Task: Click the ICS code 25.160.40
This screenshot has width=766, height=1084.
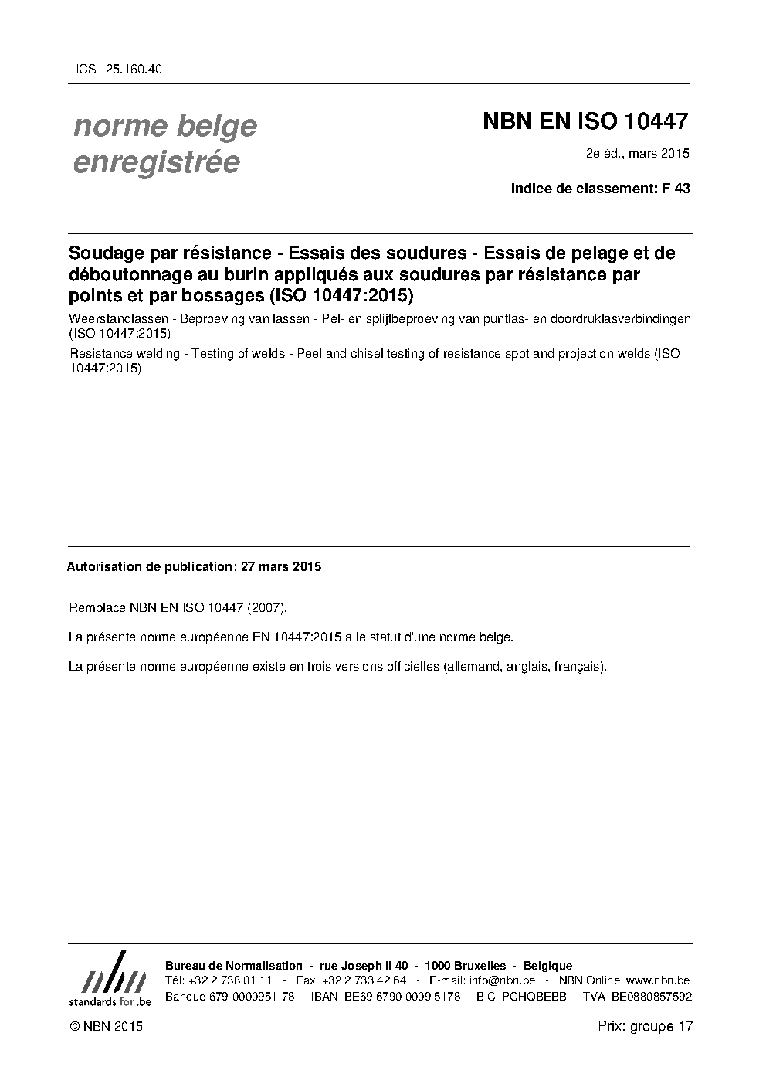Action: coord(134,70)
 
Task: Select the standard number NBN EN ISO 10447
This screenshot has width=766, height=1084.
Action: coord(585,121)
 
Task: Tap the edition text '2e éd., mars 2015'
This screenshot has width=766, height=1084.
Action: coord(638,153)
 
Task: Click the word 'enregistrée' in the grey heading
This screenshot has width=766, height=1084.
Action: coord(156,163)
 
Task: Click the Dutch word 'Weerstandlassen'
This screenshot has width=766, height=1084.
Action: coord(118,318)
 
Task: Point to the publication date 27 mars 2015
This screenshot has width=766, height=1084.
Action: coord(281,566)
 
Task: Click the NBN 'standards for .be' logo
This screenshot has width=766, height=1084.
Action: coord(110,979)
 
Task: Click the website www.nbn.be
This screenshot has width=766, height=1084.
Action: coord(657,980)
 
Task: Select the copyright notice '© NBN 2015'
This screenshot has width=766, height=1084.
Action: coord(106,1026)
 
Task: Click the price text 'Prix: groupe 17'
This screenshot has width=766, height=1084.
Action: coord(646,1026)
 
